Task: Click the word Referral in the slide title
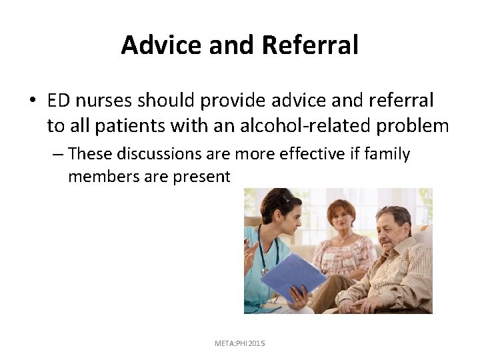click(310, 45)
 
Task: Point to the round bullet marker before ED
click(32, 101)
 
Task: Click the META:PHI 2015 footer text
click(239, 343)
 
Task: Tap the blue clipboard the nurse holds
click(294, 275)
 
